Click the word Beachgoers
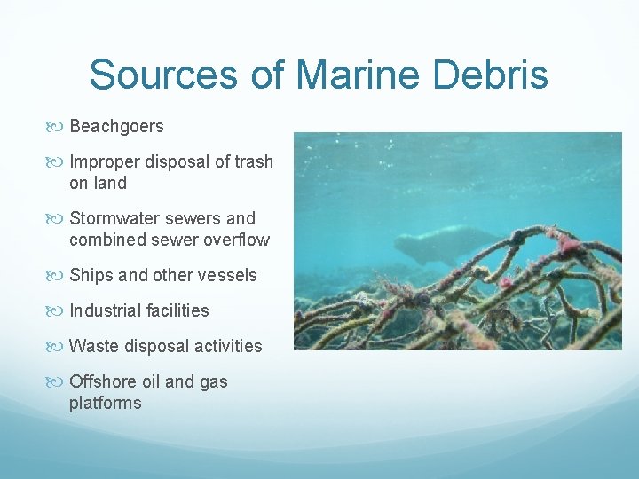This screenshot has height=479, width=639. point(116,127)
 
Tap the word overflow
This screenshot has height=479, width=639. point(235,239)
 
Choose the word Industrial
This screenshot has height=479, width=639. point(106,310)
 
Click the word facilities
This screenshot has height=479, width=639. point(177,310)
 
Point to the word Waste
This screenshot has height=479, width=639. point(92,346)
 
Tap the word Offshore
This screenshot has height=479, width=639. point(103,381)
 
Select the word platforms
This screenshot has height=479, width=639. point(105,403)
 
